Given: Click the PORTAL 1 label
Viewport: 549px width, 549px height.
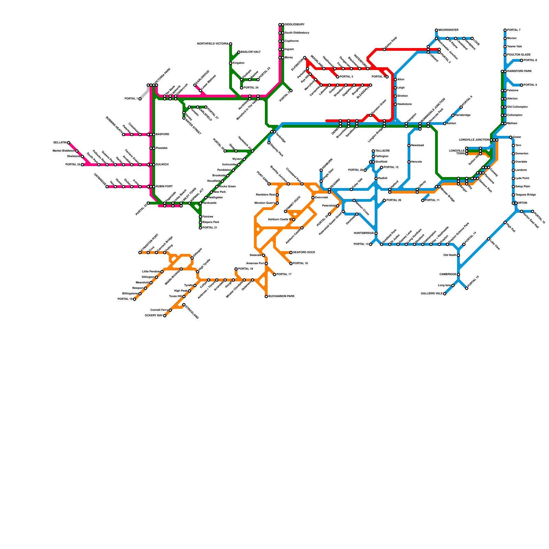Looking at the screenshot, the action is (131, 99).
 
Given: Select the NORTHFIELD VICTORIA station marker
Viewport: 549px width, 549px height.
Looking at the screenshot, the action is (231, 44).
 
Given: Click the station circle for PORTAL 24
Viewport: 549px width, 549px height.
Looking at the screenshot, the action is (242, 88).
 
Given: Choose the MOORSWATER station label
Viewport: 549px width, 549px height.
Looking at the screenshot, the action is (448, 30).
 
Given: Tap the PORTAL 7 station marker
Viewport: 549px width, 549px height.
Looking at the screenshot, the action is (505, 30).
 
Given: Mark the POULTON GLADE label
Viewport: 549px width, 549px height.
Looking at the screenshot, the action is (519, 55).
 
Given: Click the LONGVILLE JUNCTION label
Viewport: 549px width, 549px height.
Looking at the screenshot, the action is (474, 140).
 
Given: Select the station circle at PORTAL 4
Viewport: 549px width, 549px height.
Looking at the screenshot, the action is (387, 77).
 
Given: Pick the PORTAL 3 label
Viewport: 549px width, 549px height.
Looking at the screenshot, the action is (346, 77).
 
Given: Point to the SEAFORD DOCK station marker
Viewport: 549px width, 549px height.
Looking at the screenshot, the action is (291, 253).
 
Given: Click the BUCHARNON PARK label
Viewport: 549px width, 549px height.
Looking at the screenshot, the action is (281, 296).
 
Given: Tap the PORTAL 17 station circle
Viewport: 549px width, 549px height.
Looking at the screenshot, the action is (274, 274).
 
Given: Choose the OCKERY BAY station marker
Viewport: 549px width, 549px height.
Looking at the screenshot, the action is (165, 316).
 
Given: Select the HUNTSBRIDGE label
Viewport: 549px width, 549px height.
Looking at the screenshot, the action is (363, 233).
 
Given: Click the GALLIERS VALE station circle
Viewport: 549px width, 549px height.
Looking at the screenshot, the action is (445, 294).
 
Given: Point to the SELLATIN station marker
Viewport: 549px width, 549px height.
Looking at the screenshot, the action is (69, 143).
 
